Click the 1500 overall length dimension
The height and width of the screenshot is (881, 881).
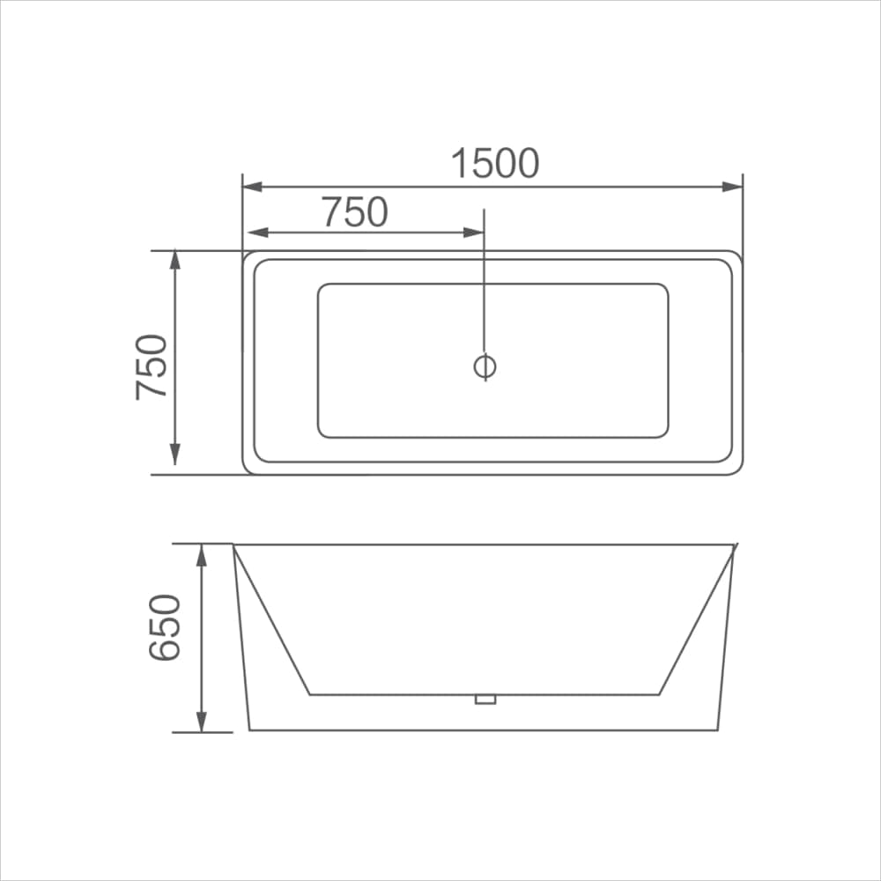(x=494, y=164)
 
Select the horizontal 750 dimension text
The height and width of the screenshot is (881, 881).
(x=354, y=212)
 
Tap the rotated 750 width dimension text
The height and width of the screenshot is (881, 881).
(x=152, y=366)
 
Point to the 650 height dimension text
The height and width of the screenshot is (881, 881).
(x=165, y=627)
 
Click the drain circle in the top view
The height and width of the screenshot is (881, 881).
(x=485, y=366)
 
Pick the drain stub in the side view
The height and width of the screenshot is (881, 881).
(x=485, y=700)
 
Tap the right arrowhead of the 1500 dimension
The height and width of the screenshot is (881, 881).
(x=732, y=187)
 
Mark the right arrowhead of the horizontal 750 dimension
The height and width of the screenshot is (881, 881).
(x=474, y=233)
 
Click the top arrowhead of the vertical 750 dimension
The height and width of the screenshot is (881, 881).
(x=174, y=262)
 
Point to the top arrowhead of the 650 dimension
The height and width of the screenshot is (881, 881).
(x=202, y=555)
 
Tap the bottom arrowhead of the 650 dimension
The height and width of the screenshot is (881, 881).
(x=202, y=721)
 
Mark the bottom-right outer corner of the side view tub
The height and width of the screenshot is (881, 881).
(x=719, y=729)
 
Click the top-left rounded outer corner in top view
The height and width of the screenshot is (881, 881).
(x=248, y=255)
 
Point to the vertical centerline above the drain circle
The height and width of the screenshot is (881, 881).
(x=485, y=282)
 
